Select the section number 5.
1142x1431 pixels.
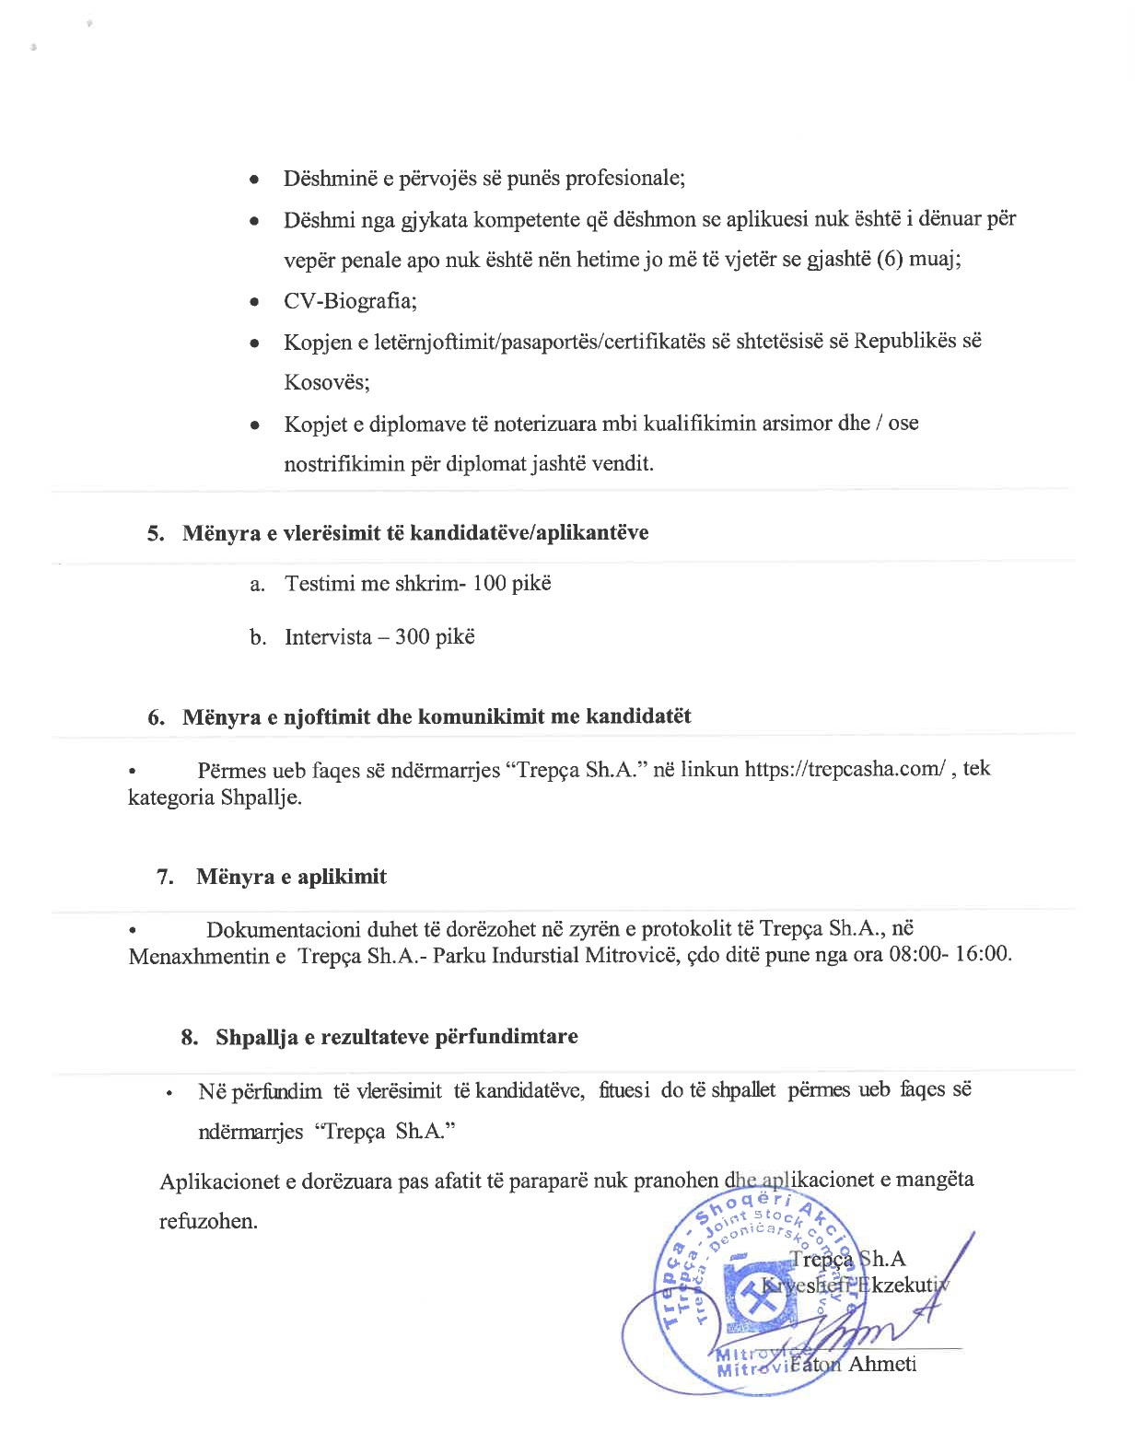coord(156,534)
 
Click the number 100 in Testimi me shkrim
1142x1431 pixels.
coord(489,584)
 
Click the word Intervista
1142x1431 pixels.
coord(328,637)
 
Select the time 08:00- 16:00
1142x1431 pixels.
coord(950,954)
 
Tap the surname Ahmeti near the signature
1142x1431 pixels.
coord(881,1364)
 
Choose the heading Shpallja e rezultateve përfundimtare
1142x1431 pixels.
coord(397,1037)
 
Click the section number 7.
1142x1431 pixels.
coord(166,877)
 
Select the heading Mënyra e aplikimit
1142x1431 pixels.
coord(291,877)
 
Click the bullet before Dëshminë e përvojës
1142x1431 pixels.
coord(254,180)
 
